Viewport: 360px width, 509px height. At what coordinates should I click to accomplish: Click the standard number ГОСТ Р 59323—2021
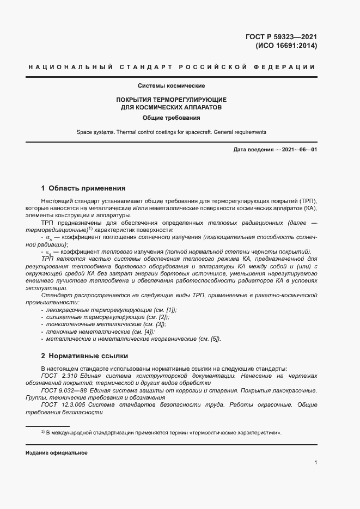282,37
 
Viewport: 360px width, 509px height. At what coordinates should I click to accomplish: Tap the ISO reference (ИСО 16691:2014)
286,46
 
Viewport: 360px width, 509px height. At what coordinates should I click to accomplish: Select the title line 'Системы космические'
171,86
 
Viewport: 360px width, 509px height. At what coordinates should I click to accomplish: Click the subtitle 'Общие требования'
171,118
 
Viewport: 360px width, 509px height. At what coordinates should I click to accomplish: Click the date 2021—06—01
297,149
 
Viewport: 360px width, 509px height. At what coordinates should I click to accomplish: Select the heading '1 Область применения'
83,188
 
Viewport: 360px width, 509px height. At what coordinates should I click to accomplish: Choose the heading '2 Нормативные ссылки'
84,356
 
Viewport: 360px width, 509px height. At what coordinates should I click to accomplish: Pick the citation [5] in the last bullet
215,339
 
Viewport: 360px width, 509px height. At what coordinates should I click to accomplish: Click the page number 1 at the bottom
315,463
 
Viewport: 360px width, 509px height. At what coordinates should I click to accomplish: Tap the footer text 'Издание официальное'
57,453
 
